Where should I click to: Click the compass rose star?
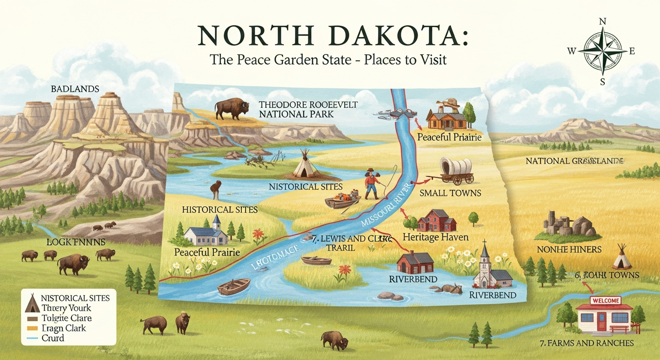[x=602, y=52]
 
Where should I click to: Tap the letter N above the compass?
[x=603, y=22]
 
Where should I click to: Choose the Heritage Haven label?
[x=435, y=237]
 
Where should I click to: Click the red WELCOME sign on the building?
[x=606, y=300]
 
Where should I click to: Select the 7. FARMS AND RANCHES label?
[x=586, y=343]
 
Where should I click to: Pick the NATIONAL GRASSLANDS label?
[x=574, y=161]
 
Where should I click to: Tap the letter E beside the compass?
[x=632, y=52]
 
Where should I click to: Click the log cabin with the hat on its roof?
[x=447, y=117]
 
